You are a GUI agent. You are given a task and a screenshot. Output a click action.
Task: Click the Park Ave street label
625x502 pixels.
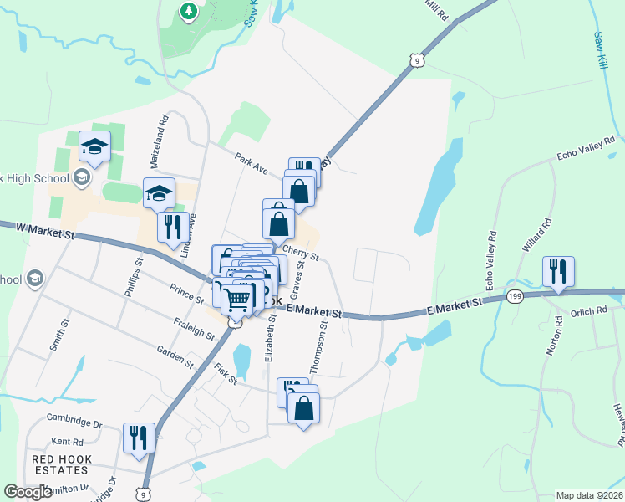(251, 163)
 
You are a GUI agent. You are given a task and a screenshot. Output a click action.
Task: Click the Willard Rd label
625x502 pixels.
(539, 236)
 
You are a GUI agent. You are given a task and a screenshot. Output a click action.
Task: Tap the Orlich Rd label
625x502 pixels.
(590, 311)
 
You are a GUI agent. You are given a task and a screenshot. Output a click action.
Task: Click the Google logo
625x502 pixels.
(28, 492)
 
